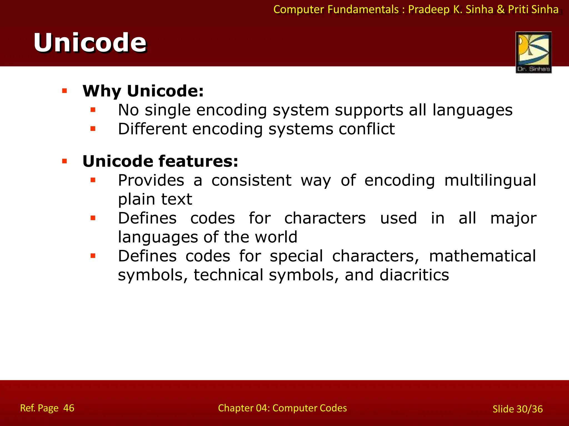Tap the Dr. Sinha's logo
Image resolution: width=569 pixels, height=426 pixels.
click(x=533, y=52)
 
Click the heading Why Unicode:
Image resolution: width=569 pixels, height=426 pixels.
click(x=143, y=91)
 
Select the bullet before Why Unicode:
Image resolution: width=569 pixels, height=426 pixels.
click(x=65, y=91)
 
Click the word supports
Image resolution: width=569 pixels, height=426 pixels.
click(x=369, y=110)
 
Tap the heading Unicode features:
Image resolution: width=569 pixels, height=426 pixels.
click(x=160, y=161)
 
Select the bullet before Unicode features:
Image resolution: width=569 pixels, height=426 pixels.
click(x=65, y=161)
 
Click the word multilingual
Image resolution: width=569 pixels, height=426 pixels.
click(x=490, y=181)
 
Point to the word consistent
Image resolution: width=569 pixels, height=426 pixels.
click(x=251, y=181)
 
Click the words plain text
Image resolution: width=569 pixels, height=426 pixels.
click(x=155, y=199)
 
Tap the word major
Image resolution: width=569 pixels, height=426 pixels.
click(x=513, y=218)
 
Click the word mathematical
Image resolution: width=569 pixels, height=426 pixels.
click(x=482, y=256)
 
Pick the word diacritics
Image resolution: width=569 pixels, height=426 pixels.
click(x=414, y=275)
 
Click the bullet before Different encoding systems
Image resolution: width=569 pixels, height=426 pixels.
click(x=93, y=129)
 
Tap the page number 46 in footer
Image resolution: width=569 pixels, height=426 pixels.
click(x=69, y=408)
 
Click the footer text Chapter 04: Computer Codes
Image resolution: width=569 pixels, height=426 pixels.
click(x=282, y=408)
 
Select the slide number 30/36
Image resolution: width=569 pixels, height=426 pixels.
click(x=529, y=409)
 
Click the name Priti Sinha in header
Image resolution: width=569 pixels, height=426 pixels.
click(x=533, y=9)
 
